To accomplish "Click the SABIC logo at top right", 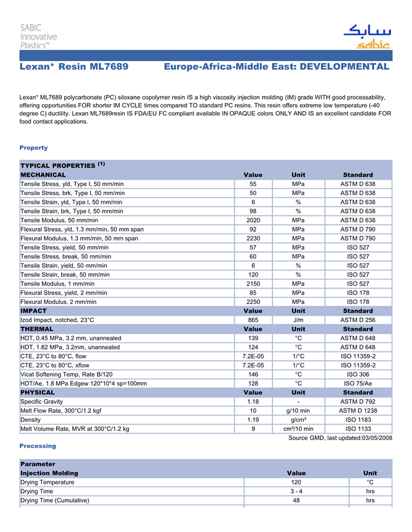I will [x=366, y=36].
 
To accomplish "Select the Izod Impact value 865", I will [x=253, y=320].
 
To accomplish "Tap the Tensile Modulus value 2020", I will [x=253, y=220].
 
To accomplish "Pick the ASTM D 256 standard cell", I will [x=358, y=320].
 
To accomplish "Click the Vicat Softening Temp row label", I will [x=67, y=374].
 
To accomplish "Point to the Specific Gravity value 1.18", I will [x=253, y=401].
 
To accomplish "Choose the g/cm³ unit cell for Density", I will [x=298, y=420].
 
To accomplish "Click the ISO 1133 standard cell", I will [x=358, y=429].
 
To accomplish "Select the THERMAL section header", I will [x=37, y=329].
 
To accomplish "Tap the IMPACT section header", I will [x=34, y=310].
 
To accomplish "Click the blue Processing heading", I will [x=38, y=446].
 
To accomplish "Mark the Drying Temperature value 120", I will [x=296, y=482].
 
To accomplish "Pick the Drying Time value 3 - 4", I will [x=296, y=491].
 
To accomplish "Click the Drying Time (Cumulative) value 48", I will [x=296, y=500].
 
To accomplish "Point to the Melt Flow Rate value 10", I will [x=253, y=410].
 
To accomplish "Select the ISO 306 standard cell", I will [x=358, y=374].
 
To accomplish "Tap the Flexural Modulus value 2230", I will [x=253, y=239].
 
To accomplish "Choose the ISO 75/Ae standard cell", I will [x=358, y=383].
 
